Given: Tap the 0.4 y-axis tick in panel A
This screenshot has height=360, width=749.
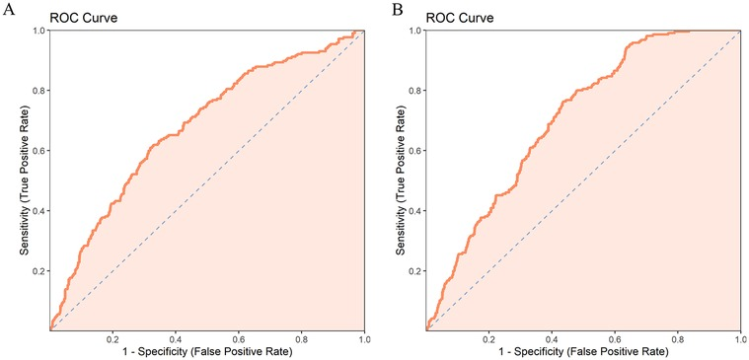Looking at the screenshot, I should coord(37,211).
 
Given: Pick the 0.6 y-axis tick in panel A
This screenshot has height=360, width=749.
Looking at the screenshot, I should coord(37,151).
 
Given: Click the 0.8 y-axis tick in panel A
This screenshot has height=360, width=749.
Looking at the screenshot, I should coord(37,91).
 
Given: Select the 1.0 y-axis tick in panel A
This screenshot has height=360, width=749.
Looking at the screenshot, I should coord(37,31).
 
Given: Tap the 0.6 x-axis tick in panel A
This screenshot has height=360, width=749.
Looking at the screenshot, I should coord(238,338).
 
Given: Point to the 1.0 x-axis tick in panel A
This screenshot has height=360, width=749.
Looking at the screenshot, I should coord(363,338).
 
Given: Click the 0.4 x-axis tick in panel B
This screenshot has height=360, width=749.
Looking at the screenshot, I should coord(552,338).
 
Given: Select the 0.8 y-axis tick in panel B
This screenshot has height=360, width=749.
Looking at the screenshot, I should coord(414,91).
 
